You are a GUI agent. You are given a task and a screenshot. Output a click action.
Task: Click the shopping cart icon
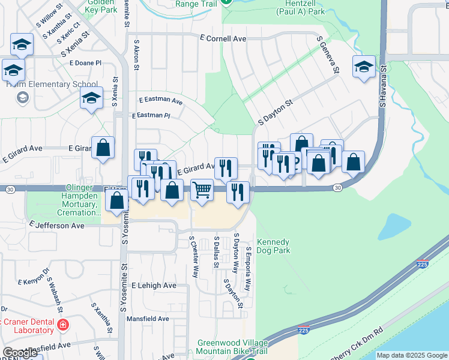[202, 190]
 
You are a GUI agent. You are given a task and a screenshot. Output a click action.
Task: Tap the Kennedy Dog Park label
[274, 246]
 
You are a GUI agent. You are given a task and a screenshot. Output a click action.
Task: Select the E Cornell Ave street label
[223, 38]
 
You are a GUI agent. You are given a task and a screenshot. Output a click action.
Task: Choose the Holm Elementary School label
[51, 84]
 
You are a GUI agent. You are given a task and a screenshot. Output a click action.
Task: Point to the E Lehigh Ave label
[154, 286]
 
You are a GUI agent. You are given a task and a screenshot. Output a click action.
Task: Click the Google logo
[20, 353]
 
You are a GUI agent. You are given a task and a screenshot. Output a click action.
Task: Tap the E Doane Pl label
[86, 62]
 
